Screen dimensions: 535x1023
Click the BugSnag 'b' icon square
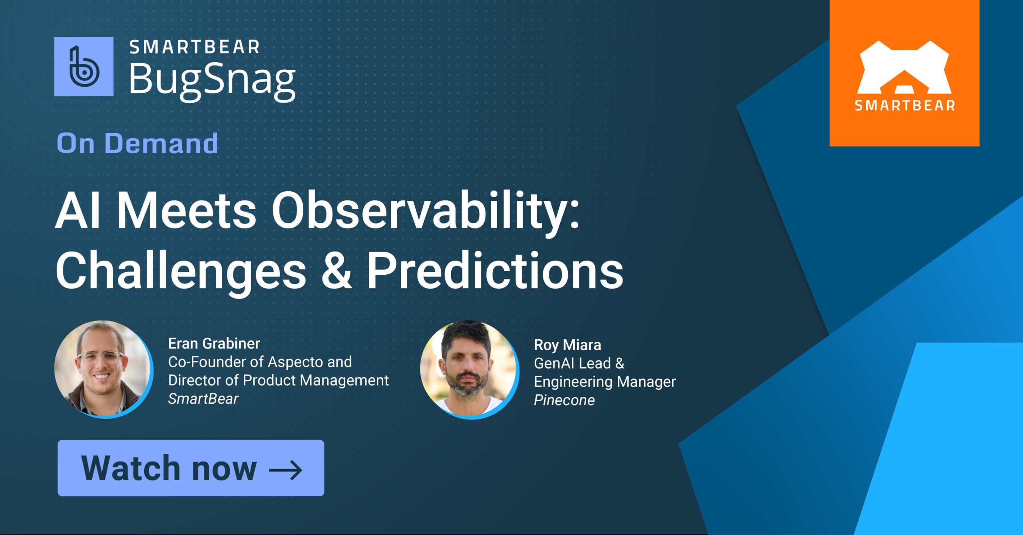coord(84,67)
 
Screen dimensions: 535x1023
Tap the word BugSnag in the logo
coord(212,80)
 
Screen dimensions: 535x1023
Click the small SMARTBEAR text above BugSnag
coord(195,47)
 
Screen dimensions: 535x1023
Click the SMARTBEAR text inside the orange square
coord(905,106)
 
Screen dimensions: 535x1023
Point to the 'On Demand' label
coord(137,143)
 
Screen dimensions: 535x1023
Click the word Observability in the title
coord(425,210)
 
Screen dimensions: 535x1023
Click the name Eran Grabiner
coord(214,343)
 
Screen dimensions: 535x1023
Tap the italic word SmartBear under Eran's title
coord(203,399)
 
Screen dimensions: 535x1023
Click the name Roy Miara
coord(567,345)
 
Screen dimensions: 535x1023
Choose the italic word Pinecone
coord(564,400)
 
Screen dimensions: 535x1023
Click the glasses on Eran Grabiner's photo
coord(100,357)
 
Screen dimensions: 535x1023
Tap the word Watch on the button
coord(131,468)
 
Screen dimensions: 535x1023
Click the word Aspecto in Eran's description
coord(293,362)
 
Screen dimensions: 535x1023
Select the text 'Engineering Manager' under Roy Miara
coord(605,382)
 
